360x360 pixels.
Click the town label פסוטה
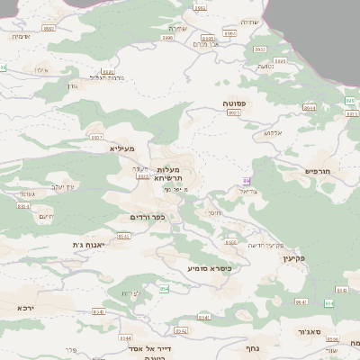tap(236, 103)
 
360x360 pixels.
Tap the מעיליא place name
tap(122, 148)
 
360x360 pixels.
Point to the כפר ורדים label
tap(148, 217)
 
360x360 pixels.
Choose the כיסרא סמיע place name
tap(210, 268)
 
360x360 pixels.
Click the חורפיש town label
tap(319, 170)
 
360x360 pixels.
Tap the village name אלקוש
tap(274, 133)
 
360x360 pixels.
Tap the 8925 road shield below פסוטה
tap(233, 113)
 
